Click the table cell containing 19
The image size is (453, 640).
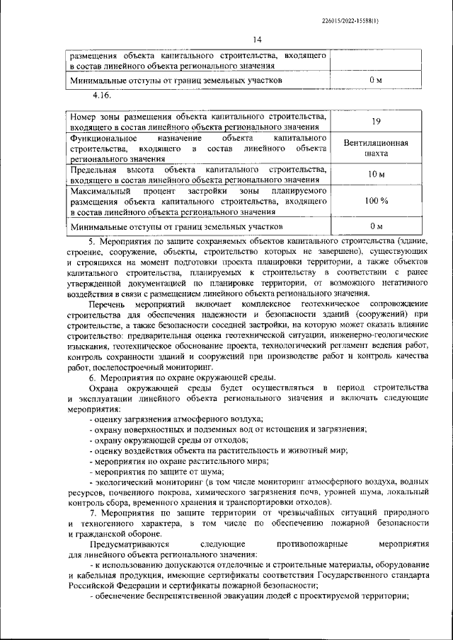tap(376, 121)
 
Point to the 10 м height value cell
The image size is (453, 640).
tap(376, 174)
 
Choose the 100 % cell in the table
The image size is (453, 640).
tap(376, 201)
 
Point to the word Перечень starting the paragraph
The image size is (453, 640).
tap(110, 303)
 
